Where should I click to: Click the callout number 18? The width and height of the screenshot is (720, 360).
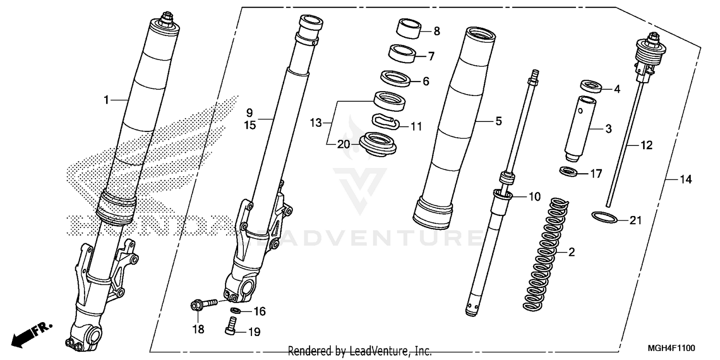pos(198,330)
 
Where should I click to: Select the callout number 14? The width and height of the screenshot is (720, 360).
pos(685,180)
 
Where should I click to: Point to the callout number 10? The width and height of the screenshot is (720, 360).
pos(534,196)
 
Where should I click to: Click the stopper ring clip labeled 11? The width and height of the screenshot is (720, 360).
pos(385,122)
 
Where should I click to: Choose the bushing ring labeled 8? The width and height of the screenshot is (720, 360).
pos(408,28)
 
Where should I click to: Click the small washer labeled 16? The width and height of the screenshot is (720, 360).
pos(235,310)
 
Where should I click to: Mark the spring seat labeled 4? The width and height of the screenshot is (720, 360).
pos(591,86)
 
